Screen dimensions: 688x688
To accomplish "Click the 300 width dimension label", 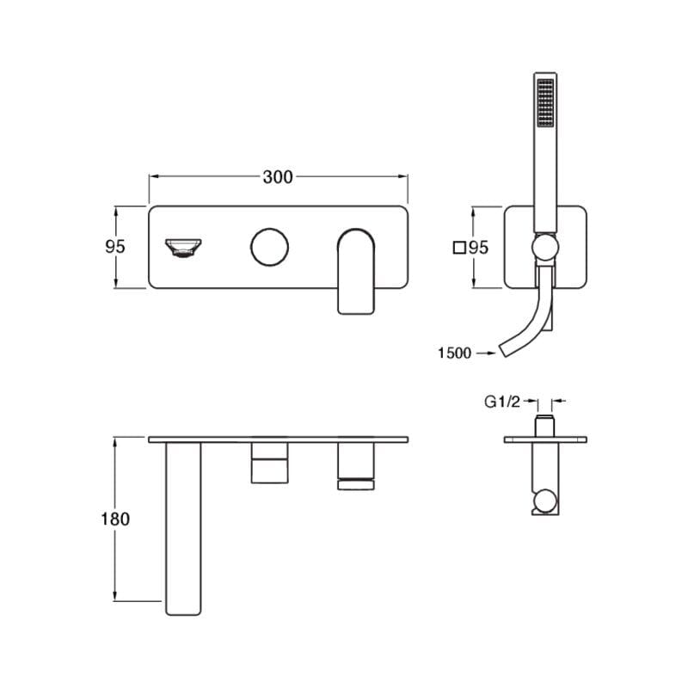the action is [x=278, y=177].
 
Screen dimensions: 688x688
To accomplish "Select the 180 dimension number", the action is [x=115, y=519].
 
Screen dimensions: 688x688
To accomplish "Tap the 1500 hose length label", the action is [x=455, y=353].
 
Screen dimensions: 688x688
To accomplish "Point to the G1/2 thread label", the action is [x=502, y=402].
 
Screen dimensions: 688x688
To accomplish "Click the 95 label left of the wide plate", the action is [x=115, y=247].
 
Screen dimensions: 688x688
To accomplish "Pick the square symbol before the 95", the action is [x=459, y=248].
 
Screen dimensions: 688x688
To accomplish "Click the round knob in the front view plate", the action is [x=269, y=247].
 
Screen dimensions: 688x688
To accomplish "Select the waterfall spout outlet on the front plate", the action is [x=183, y=248].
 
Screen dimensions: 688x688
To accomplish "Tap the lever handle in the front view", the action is [x=356, y=271].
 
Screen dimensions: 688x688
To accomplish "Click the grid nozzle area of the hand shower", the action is [x=545, y=102].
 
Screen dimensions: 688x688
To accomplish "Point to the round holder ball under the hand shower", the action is [x=545, y=247].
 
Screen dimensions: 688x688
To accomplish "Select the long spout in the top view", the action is [x=183, y=528].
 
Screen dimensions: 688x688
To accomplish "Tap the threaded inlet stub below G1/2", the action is [x=545, y=425].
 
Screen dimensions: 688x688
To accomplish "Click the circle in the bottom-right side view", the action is [x=545, y=501].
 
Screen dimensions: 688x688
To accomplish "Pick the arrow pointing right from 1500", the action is [x=486, y=353].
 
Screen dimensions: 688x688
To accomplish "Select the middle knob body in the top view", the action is [x=269, y=463].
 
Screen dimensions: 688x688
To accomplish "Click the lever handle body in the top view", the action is [x=356, y=466].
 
